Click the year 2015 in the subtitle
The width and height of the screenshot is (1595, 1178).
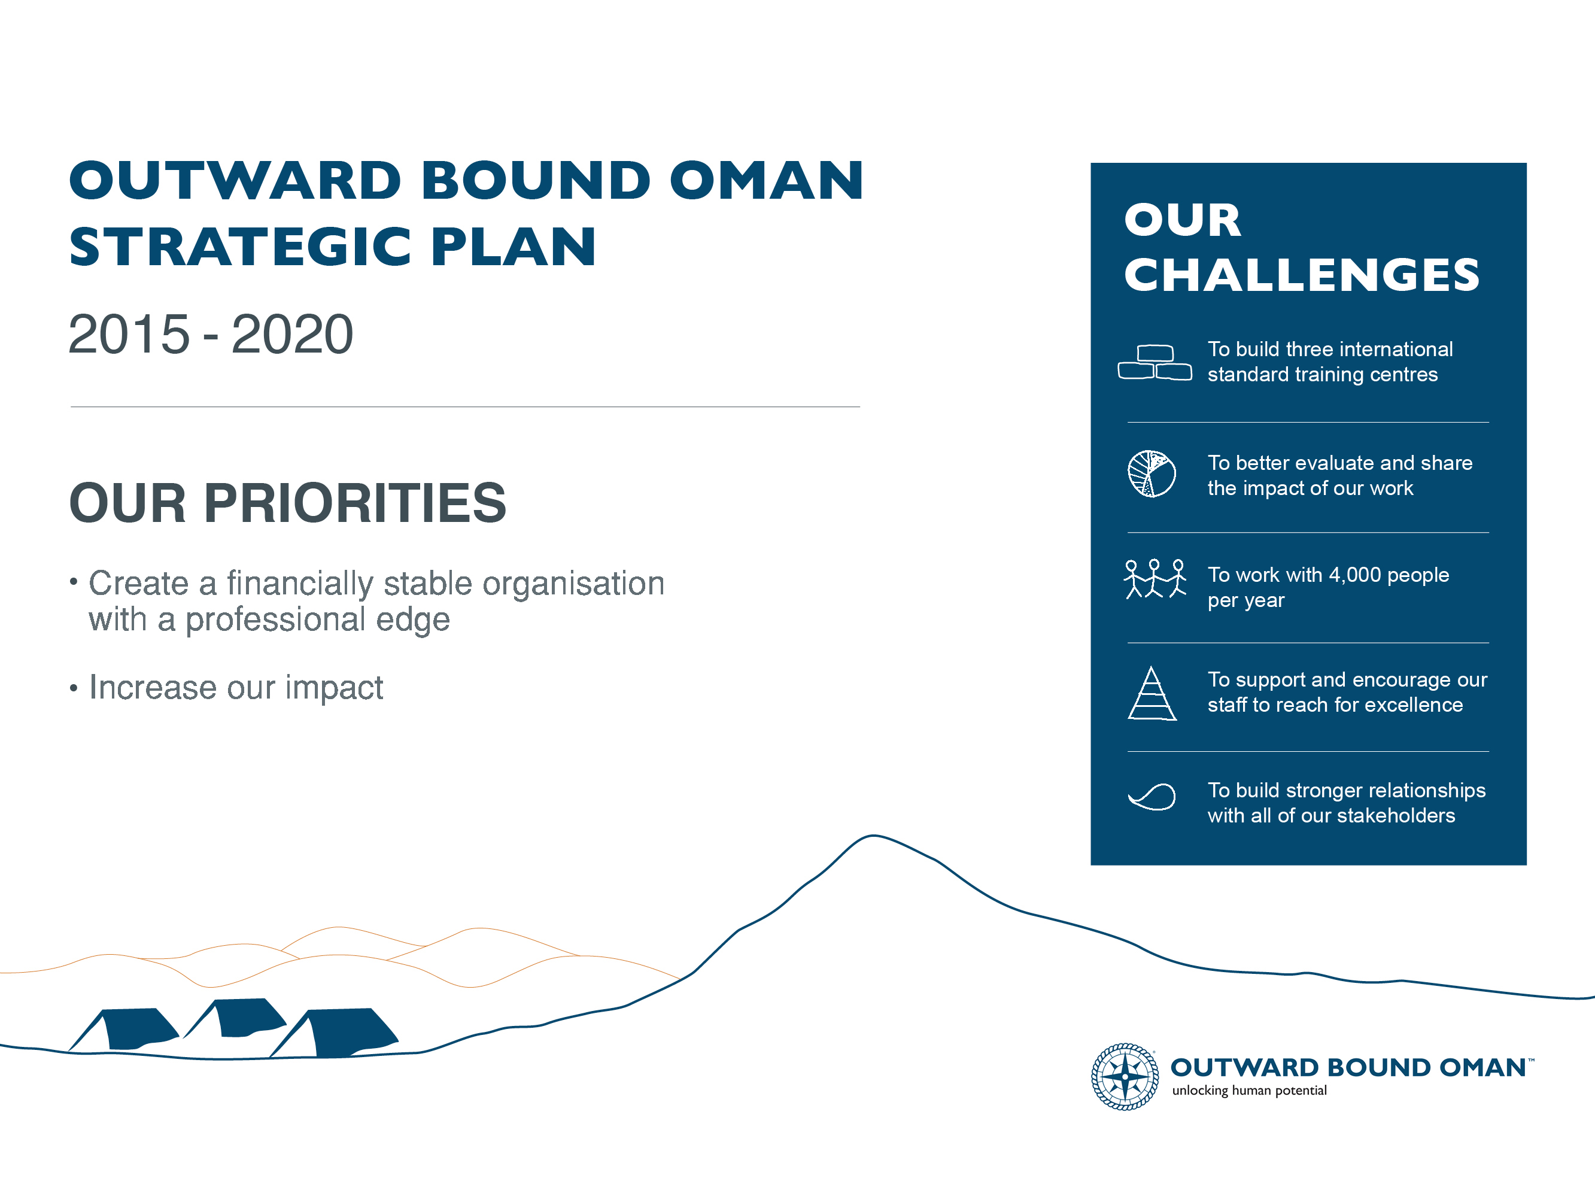point(129,334)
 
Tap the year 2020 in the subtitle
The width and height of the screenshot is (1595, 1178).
point(292,334)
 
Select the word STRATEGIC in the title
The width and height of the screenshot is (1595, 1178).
point(239,247)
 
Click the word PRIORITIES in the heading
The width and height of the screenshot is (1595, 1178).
point(355,503)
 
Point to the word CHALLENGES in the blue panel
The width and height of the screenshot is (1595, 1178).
point(1302,275)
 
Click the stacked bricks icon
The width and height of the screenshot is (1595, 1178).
point(1155,362)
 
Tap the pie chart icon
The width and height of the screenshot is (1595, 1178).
point(1152,473)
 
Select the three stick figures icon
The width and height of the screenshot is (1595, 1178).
point(1155,578)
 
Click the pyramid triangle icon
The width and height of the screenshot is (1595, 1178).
point(1152,694)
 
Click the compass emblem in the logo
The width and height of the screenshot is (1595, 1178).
point(1125,1076)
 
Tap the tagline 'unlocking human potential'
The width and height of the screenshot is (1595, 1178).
point(1249,1090)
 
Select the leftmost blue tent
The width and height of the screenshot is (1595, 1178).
point(123,1030)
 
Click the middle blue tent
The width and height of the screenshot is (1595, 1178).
point(235,1018)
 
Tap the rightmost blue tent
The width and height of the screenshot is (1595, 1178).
point(334,1033)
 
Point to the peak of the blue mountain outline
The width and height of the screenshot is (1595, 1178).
point(873,835)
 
